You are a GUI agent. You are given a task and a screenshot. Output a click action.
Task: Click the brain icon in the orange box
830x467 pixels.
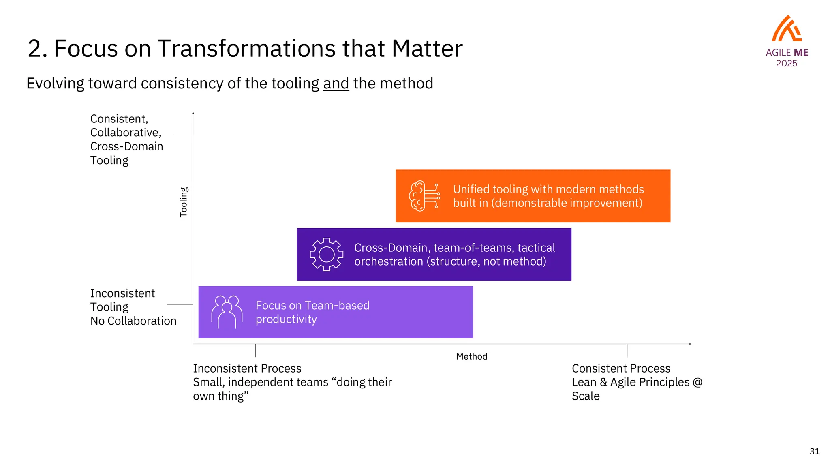424,196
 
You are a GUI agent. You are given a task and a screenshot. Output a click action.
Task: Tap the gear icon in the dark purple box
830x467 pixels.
326,254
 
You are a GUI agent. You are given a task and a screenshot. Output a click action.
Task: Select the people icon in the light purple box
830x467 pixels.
227,312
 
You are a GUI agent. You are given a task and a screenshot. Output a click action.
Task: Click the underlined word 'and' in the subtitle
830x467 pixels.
336,84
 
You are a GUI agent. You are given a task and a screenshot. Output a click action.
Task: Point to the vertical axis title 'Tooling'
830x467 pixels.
184,202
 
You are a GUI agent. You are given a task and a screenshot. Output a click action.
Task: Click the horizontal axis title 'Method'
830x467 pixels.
472,356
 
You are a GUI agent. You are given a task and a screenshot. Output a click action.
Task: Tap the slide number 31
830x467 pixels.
815,451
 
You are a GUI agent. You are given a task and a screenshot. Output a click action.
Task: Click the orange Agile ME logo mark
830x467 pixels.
787,29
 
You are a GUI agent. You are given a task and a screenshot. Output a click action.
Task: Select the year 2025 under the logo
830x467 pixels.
786,64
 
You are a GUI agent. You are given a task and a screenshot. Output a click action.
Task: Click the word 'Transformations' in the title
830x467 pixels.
247,49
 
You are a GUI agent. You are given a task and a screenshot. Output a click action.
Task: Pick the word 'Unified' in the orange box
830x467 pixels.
470,189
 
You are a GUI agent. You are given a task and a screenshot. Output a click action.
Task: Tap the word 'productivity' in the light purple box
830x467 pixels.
286,319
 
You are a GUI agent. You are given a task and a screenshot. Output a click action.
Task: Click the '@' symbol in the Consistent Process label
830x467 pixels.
697,382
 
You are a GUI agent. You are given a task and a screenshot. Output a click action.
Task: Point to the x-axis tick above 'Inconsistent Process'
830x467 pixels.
256,350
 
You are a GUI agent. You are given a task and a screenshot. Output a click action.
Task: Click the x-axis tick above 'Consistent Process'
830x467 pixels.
627,350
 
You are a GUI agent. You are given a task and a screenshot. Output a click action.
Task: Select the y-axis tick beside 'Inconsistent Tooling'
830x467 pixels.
180,304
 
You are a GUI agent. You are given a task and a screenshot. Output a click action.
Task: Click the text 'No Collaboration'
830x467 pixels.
133,321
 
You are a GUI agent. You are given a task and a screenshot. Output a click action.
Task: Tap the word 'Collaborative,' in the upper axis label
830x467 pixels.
126,133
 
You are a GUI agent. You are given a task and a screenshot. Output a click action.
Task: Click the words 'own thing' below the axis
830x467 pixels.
218,396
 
